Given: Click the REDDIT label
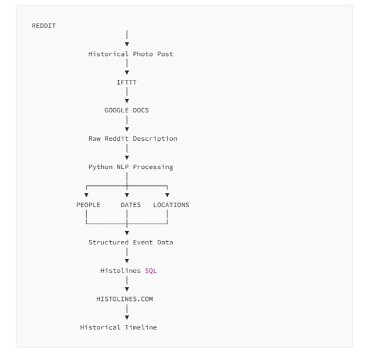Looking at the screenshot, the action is pyautogui.click(x=44, y=26).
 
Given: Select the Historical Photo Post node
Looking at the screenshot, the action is pyautogui.click(x=131, y=54).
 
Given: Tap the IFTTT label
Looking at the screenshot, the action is pyautogui.click(x=126, y=82).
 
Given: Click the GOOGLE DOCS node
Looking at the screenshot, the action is pyautogui.click(x=126, y=111).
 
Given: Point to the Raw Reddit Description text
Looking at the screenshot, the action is pyautogui.click(x=133, y=138).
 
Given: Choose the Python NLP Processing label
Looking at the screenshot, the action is pyautogui.click(x=131, y=167).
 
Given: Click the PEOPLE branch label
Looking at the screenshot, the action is pyautogui.click(x=88, y=205).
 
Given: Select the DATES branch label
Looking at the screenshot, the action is pyautogui.click(x=131, y=205).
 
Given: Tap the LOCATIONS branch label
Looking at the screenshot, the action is pyautogui.click(x=171, y=205).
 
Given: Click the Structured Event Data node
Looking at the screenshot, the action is pyautogui.click(x=131, y=243).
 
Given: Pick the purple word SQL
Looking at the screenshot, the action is pyautogui.click(x=151, y=271).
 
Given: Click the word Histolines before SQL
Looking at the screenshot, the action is pyautogui.click(x=121, y=271).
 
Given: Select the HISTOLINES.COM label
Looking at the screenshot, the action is pyautogui.click(x=124, y=299).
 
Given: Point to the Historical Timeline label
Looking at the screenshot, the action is pyautogui.click(x=118, y=327).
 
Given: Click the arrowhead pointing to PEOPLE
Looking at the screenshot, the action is pyautogui.click(x=86, y=195).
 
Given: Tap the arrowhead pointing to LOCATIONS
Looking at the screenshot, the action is pyautogui.click(x=167, y=195).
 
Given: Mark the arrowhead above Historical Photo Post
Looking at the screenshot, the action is pyautogui.click(x=127, y=44).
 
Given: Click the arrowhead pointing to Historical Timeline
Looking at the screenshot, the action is pyautogui.click(x=127, y=317).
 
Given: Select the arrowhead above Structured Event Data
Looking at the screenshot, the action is pyautogui.click(x=127, y=233).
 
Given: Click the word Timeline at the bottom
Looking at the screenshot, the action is pyautogui.click(x=141, y=327).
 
